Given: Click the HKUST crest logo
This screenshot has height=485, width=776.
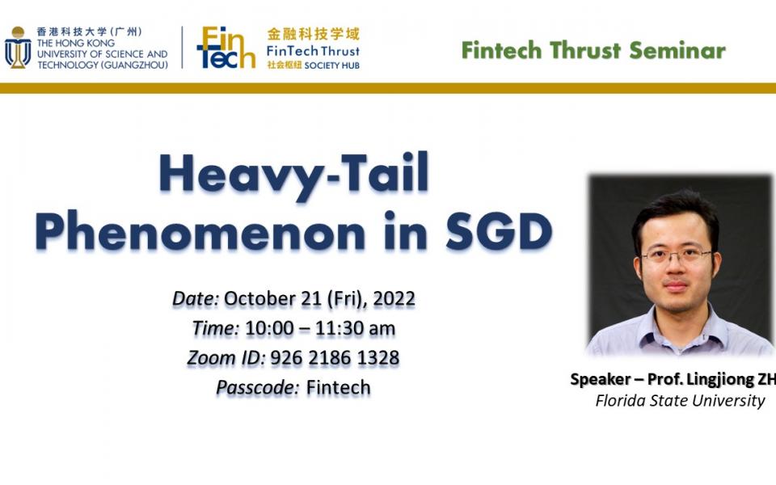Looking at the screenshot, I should point(18,48).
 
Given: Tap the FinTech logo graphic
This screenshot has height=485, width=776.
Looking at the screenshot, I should point(226,48).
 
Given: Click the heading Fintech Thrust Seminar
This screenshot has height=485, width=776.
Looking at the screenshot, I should point(593,50).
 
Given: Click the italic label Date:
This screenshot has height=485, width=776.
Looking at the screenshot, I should point(196,298).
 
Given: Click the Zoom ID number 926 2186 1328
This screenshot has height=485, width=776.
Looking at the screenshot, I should point(335,357).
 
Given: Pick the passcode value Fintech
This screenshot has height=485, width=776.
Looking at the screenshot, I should point(338,387).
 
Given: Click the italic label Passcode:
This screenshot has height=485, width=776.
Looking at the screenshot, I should point(256,387).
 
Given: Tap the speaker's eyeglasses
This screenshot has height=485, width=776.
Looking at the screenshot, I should point(676,255).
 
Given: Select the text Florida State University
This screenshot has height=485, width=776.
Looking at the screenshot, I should point(680,400).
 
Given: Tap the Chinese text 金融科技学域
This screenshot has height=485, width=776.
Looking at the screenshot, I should point(313,34).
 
